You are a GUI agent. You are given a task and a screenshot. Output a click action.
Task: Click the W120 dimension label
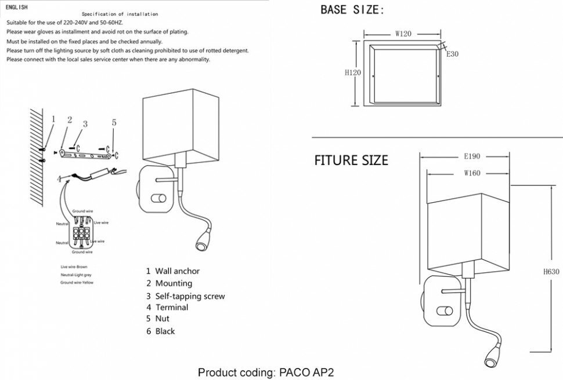tap(403, 34)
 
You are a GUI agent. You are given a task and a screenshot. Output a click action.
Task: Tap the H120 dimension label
tap(353, 73)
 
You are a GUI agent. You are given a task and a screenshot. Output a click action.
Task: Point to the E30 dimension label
tap(453, 54)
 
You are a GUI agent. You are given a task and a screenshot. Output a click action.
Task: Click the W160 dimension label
tap(472, 173)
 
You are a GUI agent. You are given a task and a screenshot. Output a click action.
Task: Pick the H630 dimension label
tap(551, 272)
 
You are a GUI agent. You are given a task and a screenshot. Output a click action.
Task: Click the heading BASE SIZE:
tap(352, 10)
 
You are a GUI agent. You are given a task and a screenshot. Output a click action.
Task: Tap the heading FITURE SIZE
tap(351, 160)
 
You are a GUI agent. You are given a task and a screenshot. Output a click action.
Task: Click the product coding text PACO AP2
tap(266, 372)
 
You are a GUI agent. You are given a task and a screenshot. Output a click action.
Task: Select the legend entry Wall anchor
tap(173, 271)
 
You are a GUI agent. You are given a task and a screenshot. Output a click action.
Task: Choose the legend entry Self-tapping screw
tap(186, 296)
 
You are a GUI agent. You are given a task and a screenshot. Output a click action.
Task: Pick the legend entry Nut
tap(158, 319)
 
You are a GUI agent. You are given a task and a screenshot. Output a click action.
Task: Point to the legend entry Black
tap(161, 331)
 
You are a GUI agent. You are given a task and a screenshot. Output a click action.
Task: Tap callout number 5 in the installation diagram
tap(114, 123)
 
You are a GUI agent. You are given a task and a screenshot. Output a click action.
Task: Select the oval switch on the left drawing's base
tap(157, 199)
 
